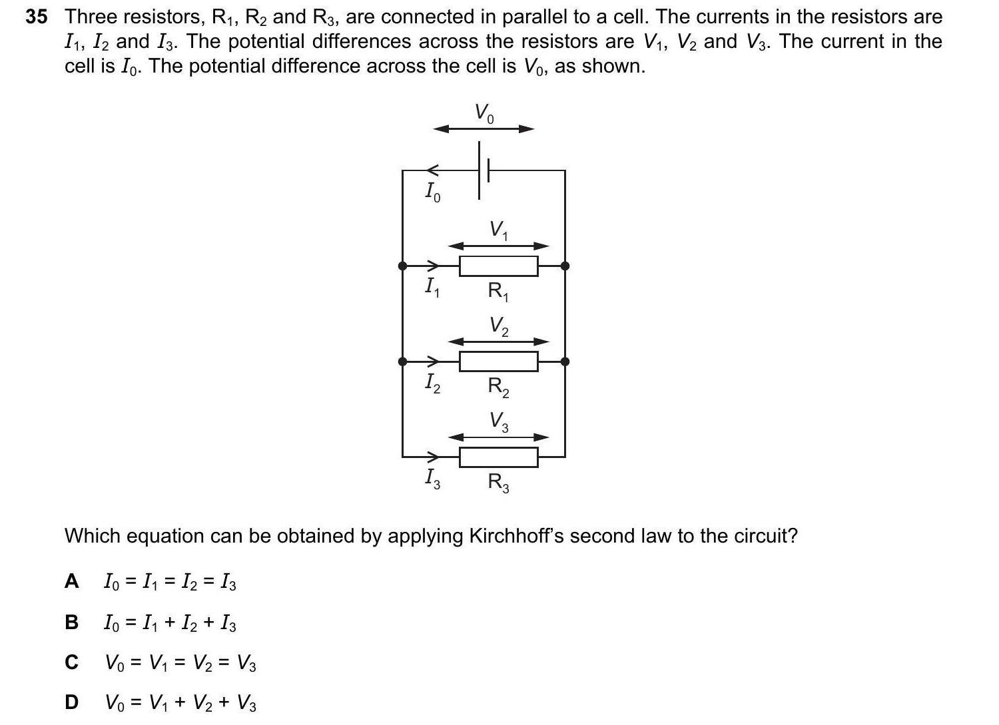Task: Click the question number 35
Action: [x=37, y=17]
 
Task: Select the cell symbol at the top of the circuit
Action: [x=484, y=170]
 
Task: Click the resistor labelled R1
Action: [x=498, y=266]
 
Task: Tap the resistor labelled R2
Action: [x=498, y=362]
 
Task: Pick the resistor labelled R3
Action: [x=498, y=457]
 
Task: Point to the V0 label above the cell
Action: [x=484, y=113]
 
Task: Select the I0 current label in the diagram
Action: [x=432, y=192]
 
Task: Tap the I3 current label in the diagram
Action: [x=432, y=478]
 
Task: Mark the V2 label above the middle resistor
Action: [x=499, y=326]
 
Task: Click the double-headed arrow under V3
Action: [x=498, y=437]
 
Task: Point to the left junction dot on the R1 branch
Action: [x=402, y=266]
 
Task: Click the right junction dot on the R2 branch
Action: [x=565, y=362]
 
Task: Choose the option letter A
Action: [x=71, y=582]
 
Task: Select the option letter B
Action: [x=71, y=622]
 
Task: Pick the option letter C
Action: [x=71, y=662]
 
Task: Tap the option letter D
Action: [x=71, y=702]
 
